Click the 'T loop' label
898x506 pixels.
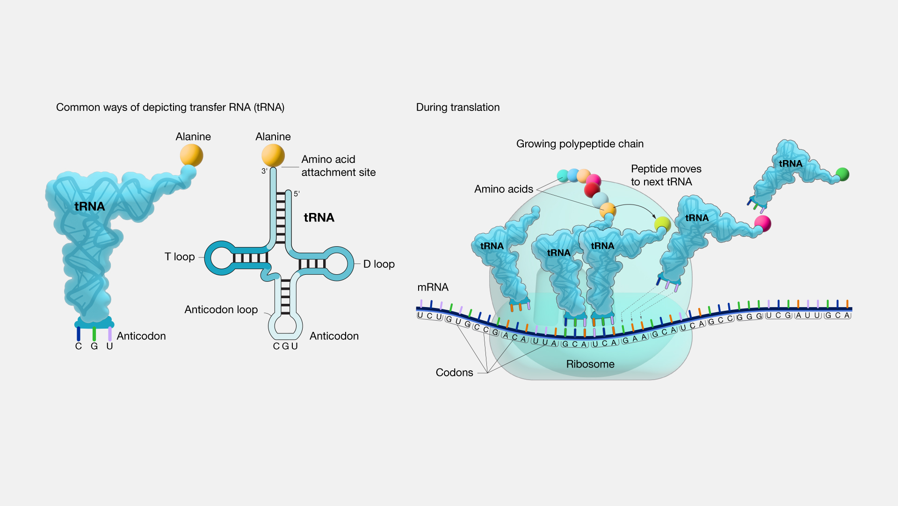[x=180, y=257]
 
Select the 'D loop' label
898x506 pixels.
[x=379, y=264]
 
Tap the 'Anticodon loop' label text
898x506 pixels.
[x=221, y=309]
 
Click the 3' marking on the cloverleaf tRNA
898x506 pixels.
[x=264, y=171]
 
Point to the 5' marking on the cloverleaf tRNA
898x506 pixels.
[x=297, y=193]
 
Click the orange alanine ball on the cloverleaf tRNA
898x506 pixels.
[x=273, y=155]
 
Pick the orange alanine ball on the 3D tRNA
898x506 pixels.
[x=191, y=155]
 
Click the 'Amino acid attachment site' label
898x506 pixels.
[x=338, y=166]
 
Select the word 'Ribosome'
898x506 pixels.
[x=590, y=364]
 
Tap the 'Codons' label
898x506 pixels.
[x=454, y=372]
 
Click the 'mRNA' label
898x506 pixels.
[x=433, y=287]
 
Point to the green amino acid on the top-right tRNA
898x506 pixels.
[x=842, y=174]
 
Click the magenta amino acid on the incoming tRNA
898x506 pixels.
[x=762, y=223]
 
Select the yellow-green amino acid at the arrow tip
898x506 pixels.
[x=662, y=224]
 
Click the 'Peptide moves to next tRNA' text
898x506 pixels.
[x=666, y=175]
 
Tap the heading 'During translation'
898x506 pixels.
[x=457, y=107]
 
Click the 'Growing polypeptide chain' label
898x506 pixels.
[x=579, y=144]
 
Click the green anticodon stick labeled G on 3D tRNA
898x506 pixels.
[x=94, y=334]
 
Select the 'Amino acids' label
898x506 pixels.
[x=503, y=189]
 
